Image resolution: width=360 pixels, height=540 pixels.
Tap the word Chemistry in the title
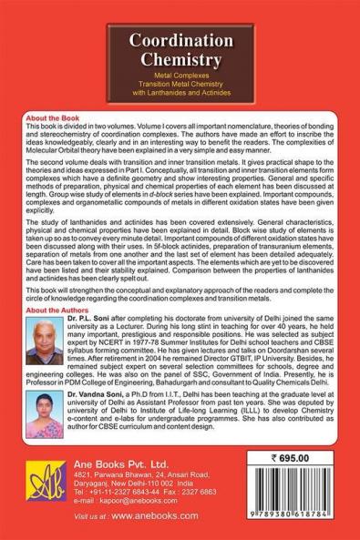click(x=180, y=60)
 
